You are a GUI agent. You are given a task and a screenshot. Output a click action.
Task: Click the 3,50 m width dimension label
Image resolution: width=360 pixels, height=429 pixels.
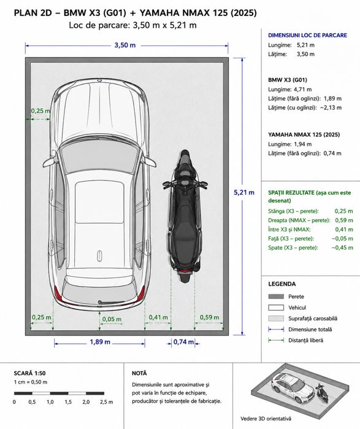coord(125,45)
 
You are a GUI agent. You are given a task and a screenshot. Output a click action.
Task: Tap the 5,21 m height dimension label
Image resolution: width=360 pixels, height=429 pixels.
coord(244,192)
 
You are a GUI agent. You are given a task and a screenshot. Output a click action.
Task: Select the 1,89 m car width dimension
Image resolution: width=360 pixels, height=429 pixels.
coord(100,342)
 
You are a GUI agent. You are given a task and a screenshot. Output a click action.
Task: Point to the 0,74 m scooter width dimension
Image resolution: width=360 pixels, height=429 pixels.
coord(183,342)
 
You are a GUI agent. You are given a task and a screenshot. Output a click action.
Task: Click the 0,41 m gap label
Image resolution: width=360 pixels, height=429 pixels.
coord(158,317)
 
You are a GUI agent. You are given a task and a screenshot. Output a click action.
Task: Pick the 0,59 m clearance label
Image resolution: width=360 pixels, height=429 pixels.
coord(209,317)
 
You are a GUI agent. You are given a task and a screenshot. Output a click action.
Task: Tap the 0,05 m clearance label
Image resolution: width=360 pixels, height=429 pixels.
coord(112,319)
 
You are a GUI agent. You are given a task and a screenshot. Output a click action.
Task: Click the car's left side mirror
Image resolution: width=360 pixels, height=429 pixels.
coord(49,161)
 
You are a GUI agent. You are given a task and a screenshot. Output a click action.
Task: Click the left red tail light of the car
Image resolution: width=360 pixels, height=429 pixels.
coord(58,293)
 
